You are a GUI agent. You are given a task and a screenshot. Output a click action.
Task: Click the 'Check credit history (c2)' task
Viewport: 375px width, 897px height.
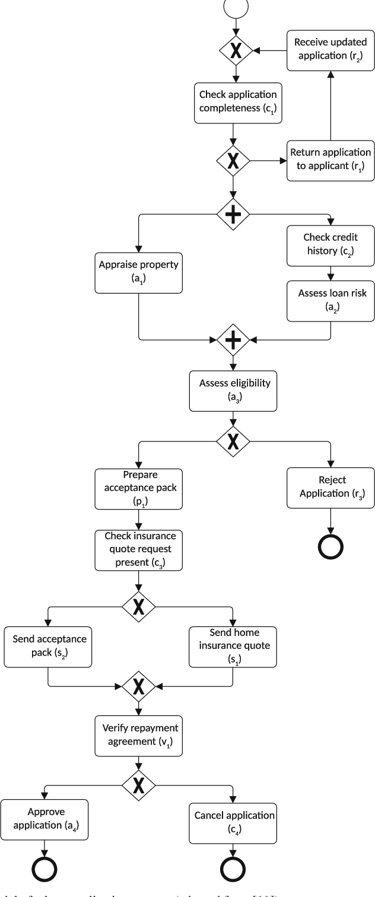pos(330,244)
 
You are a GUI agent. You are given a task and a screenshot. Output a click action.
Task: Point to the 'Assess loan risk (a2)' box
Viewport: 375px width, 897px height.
pos(330,301)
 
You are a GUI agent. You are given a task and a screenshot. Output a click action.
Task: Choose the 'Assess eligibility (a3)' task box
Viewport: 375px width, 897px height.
pos(233,390)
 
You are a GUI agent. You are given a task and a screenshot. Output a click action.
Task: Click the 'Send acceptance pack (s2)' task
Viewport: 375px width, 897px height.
pos(47,647)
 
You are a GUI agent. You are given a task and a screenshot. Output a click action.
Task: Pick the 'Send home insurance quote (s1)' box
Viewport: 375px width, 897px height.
pos(233,647)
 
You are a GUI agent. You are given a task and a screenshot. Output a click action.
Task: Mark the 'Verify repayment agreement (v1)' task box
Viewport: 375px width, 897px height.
pos(139,734)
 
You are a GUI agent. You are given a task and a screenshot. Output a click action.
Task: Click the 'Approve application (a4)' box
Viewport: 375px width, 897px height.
pos(46,819)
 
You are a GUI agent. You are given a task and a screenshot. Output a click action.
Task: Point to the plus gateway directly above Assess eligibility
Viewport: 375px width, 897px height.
pos(233,341)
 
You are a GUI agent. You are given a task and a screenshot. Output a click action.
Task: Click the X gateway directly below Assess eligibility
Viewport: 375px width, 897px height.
pos(233,441)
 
